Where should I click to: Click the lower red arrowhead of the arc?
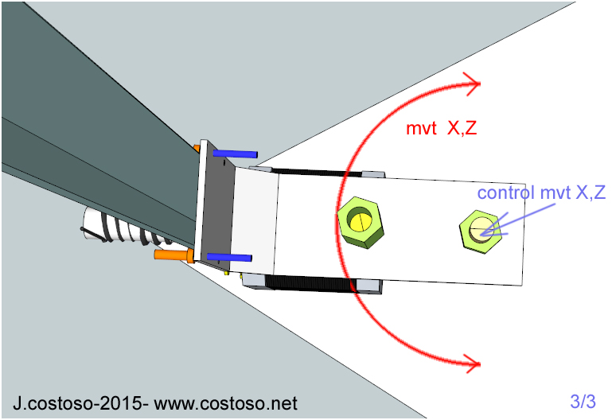click(475, 364)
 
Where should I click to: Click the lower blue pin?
click(231, 258)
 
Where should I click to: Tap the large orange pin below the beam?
click(173, 255)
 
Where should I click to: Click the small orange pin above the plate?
click(197, 147)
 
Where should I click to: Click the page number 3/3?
click(583, 401)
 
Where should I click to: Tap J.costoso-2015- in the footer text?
click(80, 403)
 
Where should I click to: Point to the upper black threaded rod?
click(318, 171)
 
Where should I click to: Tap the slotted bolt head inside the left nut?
click(362, 220)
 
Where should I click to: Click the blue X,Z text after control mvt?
click(584, 193)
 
